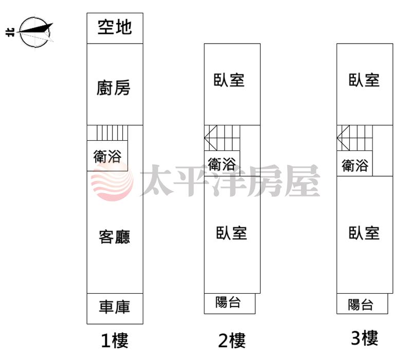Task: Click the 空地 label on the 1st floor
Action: (x=115, y=27)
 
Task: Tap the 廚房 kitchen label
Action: (x=113, y=87)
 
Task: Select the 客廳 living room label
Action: (x=114, y=237)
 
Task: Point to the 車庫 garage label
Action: (x=115, y=307)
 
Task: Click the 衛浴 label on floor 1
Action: (x=107, y=157)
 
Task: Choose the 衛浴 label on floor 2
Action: (x=222, y=164)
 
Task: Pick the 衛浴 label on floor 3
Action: (x=355, y=165)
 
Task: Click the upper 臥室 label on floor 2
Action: (x=229, y=80)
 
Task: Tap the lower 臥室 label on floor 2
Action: (x=232, y=233)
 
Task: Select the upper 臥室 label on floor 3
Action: (x=364, y=80)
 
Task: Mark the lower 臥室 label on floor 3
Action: (x=364, y=233)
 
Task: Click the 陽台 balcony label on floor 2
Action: (x=228, y=302)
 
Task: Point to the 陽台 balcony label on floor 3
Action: (x=361, y=305)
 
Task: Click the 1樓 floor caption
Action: (x=115, y=340)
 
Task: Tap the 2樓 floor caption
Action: (x=232, y=340)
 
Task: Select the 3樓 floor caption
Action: (x=364, y=338)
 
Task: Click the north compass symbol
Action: (x=34, y=32)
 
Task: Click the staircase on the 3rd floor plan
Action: (x=354, y=138)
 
